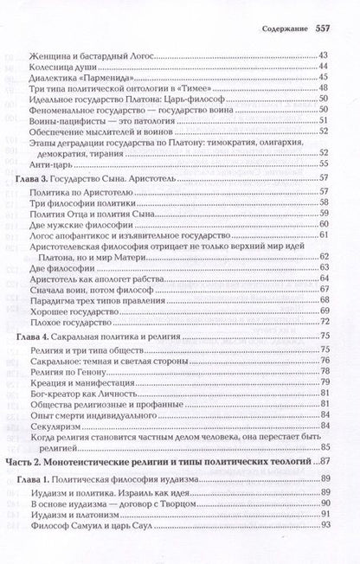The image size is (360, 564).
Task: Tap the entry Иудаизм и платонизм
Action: tap(74, 515)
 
